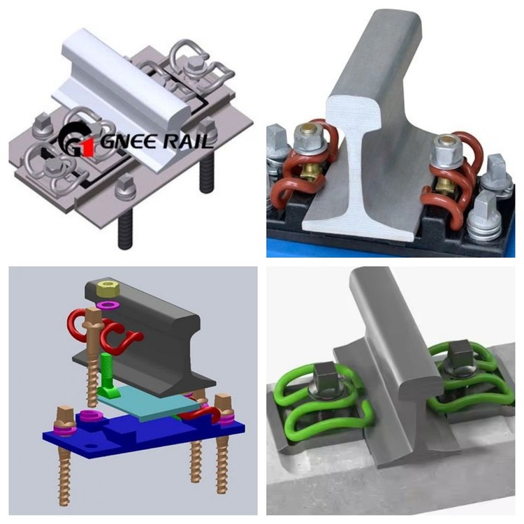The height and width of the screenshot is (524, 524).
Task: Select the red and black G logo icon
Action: (72, 141)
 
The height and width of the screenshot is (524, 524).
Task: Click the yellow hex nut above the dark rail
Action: (109, 287)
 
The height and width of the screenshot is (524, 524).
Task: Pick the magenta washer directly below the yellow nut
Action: (108, 305)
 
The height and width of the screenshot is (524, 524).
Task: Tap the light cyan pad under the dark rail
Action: (150, 402)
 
